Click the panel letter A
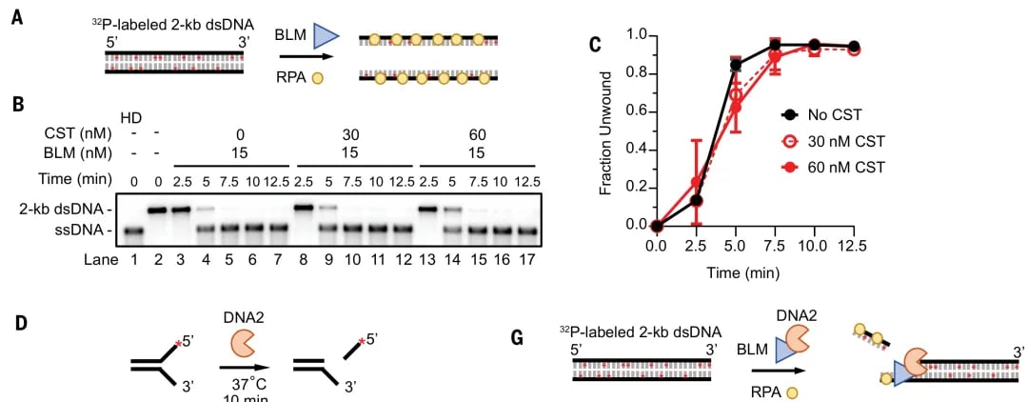[17, 17]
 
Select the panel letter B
[17, 102]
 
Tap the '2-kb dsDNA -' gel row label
[69, 208]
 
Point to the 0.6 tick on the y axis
[632, 111]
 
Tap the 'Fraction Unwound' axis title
[606, 131]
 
